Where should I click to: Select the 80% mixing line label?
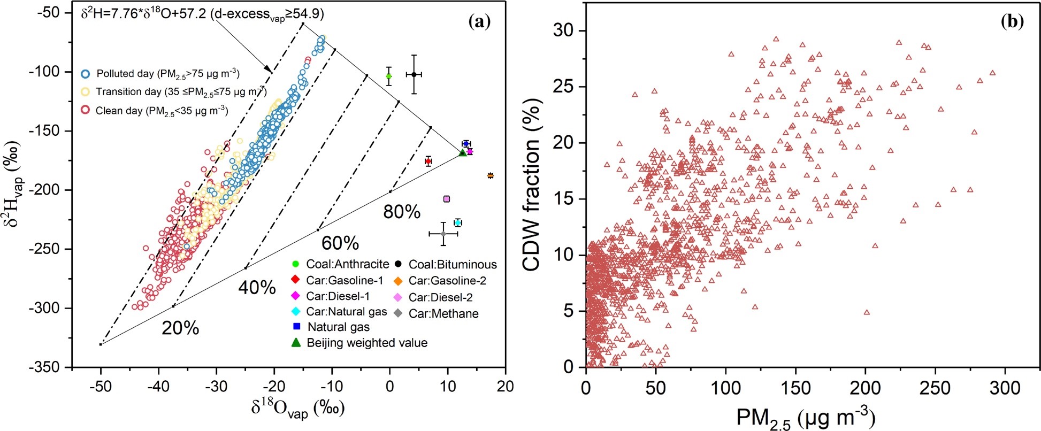pos(402,212)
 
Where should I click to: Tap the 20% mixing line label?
pos(180,328)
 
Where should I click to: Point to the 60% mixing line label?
pos(340,243)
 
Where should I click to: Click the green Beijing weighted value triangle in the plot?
pos(463,153)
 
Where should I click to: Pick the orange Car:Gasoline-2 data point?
pos(490,175)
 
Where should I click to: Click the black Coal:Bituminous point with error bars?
pos(414,74)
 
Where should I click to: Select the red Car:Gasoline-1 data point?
pos(428,161)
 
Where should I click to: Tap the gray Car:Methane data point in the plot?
pos(443,234)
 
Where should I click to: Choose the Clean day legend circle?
pos(85,110)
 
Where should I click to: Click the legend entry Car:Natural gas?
pos(346,311)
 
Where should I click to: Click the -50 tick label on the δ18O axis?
pos(101,386)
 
